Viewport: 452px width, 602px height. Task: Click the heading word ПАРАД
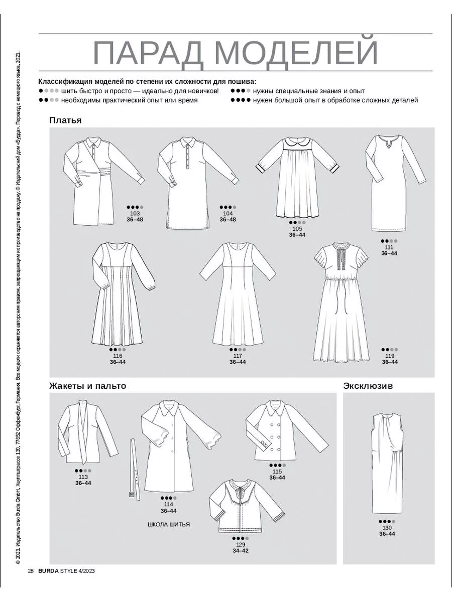pos(151,53)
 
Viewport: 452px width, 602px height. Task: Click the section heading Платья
pos(65,120)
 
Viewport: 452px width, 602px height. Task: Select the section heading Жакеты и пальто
pos(87,386)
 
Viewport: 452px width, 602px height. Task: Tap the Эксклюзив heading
pos(368,386)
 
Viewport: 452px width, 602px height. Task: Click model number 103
pos(133,214)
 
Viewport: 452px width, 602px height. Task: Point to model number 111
pos(389,247)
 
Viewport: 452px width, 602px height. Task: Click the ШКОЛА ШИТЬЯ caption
pos(169,525)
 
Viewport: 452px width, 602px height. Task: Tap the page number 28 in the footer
pos(31,571)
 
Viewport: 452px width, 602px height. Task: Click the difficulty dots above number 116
pos(117,349)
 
